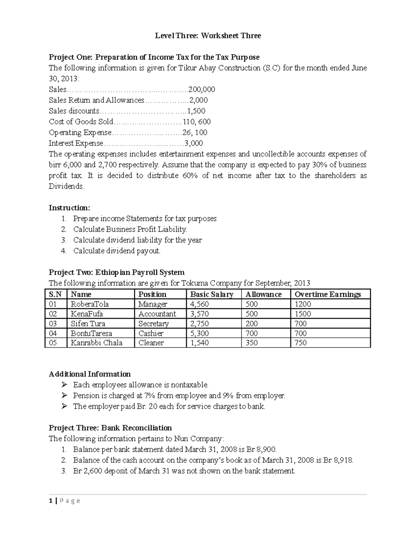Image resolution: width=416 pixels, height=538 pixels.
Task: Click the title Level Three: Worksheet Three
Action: (x=208, y=36)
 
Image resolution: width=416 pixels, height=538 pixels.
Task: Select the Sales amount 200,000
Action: (x=201, y=89)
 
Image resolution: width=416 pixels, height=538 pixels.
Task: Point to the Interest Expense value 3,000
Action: (x=194, y=143)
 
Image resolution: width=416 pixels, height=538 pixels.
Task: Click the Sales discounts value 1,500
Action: (x=196, y=111)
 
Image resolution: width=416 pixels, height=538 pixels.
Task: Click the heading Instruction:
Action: (x=69, y=208)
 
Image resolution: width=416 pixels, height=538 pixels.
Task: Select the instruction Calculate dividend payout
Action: (x=117, y=251)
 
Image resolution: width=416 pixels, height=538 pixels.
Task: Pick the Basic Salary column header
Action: (x=211, y=294)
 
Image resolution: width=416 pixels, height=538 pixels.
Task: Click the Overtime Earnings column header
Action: (x=328, y=294)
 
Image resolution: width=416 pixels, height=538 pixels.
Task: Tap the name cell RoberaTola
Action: (x=90, y=304)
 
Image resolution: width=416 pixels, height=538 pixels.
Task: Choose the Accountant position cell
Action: (x=157, y=314)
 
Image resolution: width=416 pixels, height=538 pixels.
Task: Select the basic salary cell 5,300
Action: (x=199, y=333)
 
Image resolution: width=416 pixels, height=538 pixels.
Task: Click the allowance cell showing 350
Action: (x=251, y=343)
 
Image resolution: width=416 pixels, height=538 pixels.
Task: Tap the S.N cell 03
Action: (x=53, y=324)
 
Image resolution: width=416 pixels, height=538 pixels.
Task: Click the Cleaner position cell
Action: (x=151, y=343)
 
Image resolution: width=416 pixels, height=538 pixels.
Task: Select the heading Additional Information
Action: (x=90, y=374)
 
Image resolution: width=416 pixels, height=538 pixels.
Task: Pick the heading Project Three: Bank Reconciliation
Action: (x=110, y=428)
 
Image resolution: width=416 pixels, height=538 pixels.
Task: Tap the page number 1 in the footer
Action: (x=51, y=501)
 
